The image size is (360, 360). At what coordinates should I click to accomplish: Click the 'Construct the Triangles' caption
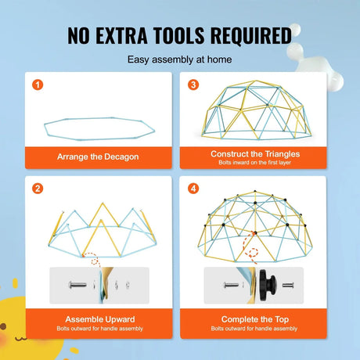click(251, 153)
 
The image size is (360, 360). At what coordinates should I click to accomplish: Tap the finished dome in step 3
click(251, 110)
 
